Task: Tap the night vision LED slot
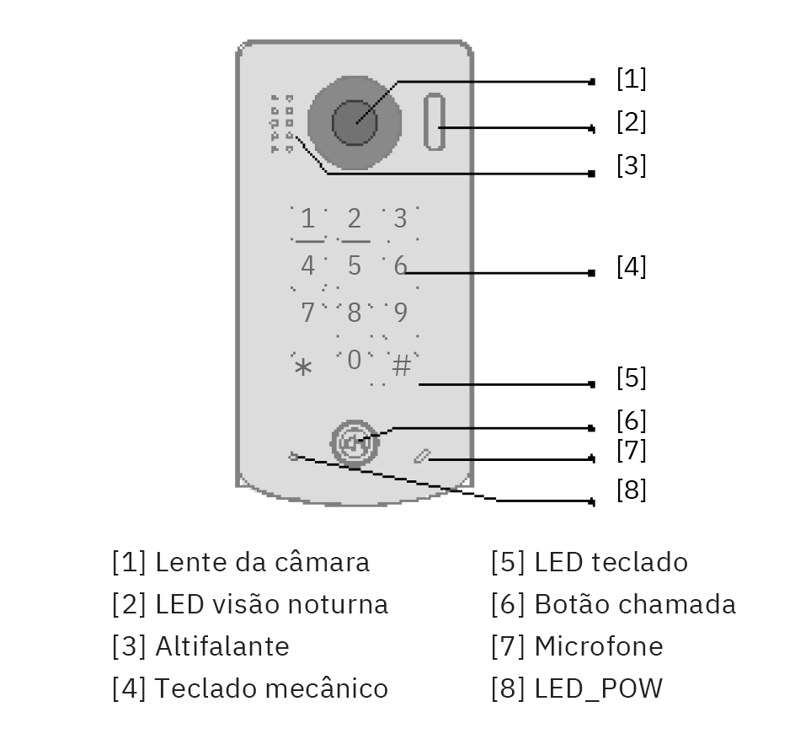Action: tap(434, 122)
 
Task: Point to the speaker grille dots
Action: tap(281, 124)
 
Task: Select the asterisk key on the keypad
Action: tap(303, 367)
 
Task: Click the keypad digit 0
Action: tap(354, 360)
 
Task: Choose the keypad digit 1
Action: tap(307, 220)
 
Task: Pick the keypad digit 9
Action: tap(401, 313)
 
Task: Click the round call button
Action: tap(353, 442)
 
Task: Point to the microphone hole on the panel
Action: tap(422, 457)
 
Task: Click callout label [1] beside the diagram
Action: tap(631, 79)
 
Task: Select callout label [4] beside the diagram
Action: tap(631, 267)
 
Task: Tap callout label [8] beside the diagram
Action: tap(631, 490)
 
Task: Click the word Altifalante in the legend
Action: tap(222, 646)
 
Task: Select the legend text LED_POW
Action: tap(598, 689)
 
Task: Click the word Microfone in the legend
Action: tap(598, 646)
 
